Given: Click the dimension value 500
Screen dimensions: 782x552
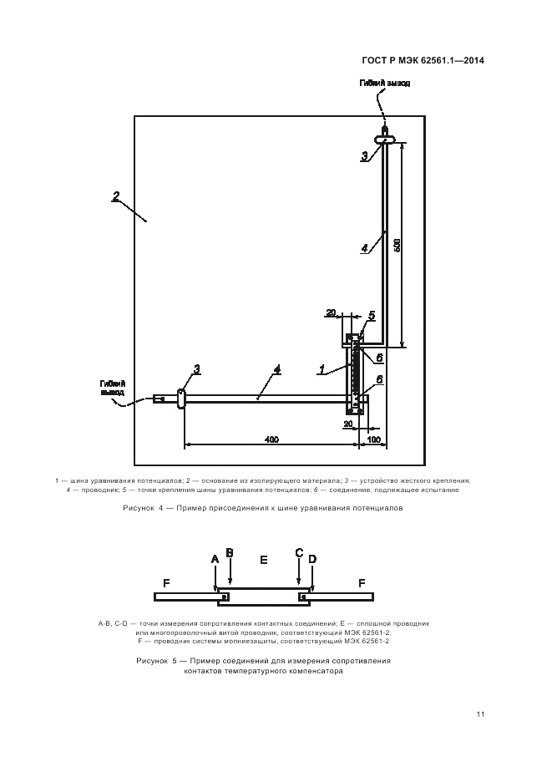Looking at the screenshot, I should coord(398,245).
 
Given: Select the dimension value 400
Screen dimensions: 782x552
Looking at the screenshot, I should coord(271,439).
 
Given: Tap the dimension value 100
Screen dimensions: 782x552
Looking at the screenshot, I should coord(374,439).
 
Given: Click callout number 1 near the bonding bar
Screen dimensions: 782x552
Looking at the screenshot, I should coord(322,367).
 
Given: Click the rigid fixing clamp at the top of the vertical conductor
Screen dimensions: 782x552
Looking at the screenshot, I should coord(384,138).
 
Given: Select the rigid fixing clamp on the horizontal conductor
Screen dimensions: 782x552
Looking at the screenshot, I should coord(180,399).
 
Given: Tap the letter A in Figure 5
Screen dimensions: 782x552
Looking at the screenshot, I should coord(215,558).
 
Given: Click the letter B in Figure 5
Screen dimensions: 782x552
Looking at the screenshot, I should coord(230,553).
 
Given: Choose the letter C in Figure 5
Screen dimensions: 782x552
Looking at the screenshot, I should coord(299,553).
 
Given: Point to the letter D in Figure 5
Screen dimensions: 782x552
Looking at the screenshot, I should coord(311,558).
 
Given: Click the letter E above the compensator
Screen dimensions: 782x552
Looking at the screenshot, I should coord(264,559).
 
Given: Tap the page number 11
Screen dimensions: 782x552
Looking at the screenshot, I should coord(480,713).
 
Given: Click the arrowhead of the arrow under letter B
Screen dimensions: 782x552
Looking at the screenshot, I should coord(230,583).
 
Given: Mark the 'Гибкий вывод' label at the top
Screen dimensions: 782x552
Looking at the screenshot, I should coord(385,84).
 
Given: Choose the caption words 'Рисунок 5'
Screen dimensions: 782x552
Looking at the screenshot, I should coord(157,660).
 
